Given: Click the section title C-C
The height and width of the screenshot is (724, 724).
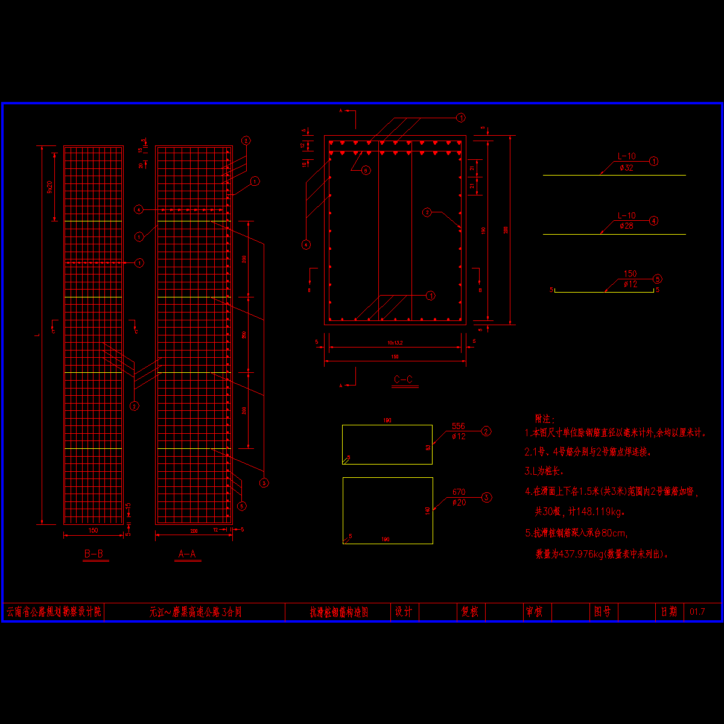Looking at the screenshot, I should [x=403, y=379].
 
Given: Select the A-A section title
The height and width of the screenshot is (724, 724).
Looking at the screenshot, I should [x=187, y=554].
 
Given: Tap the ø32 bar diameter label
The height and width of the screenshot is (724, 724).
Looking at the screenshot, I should [x=626, y=168].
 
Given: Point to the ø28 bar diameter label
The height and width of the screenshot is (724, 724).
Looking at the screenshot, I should [x=626, y=226].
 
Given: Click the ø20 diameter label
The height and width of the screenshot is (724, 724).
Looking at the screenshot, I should [x=459, y=502].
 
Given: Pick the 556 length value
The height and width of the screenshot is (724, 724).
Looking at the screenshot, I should [x=459, y=427].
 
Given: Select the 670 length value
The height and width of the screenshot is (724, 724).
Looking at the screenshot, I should [x=459, y=492].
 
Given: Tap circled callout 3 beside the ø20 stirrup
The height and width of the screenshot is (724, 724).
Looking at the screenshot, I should [x=486, y=498].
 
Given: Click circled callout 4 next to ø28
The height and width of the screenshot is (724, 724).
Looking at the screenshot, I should [x=653, y=221].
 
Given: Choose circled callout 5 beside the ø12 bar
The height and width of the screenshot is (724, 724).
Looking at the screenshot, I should [x=657, y=279].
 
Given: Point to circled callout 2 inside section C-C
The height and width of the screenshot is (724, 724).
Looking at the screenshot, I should [x=427, y=212].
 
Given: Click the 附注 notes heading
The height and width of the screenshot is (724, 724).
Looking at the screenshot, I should [x=544, y=418].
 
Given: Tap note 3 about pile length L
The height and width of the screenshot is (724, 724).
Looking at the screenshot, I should [x=544, y=471].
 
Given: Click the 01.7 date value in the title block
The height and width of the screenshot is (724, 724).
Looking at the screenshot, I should [x=697, y=612].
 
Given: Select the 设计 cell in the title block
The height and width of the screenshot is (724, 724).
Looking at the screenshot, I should [x=403, y=612].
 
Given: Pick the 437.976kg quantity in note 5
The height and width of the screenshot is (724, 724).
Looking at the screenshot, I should [x=579, y=554].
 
